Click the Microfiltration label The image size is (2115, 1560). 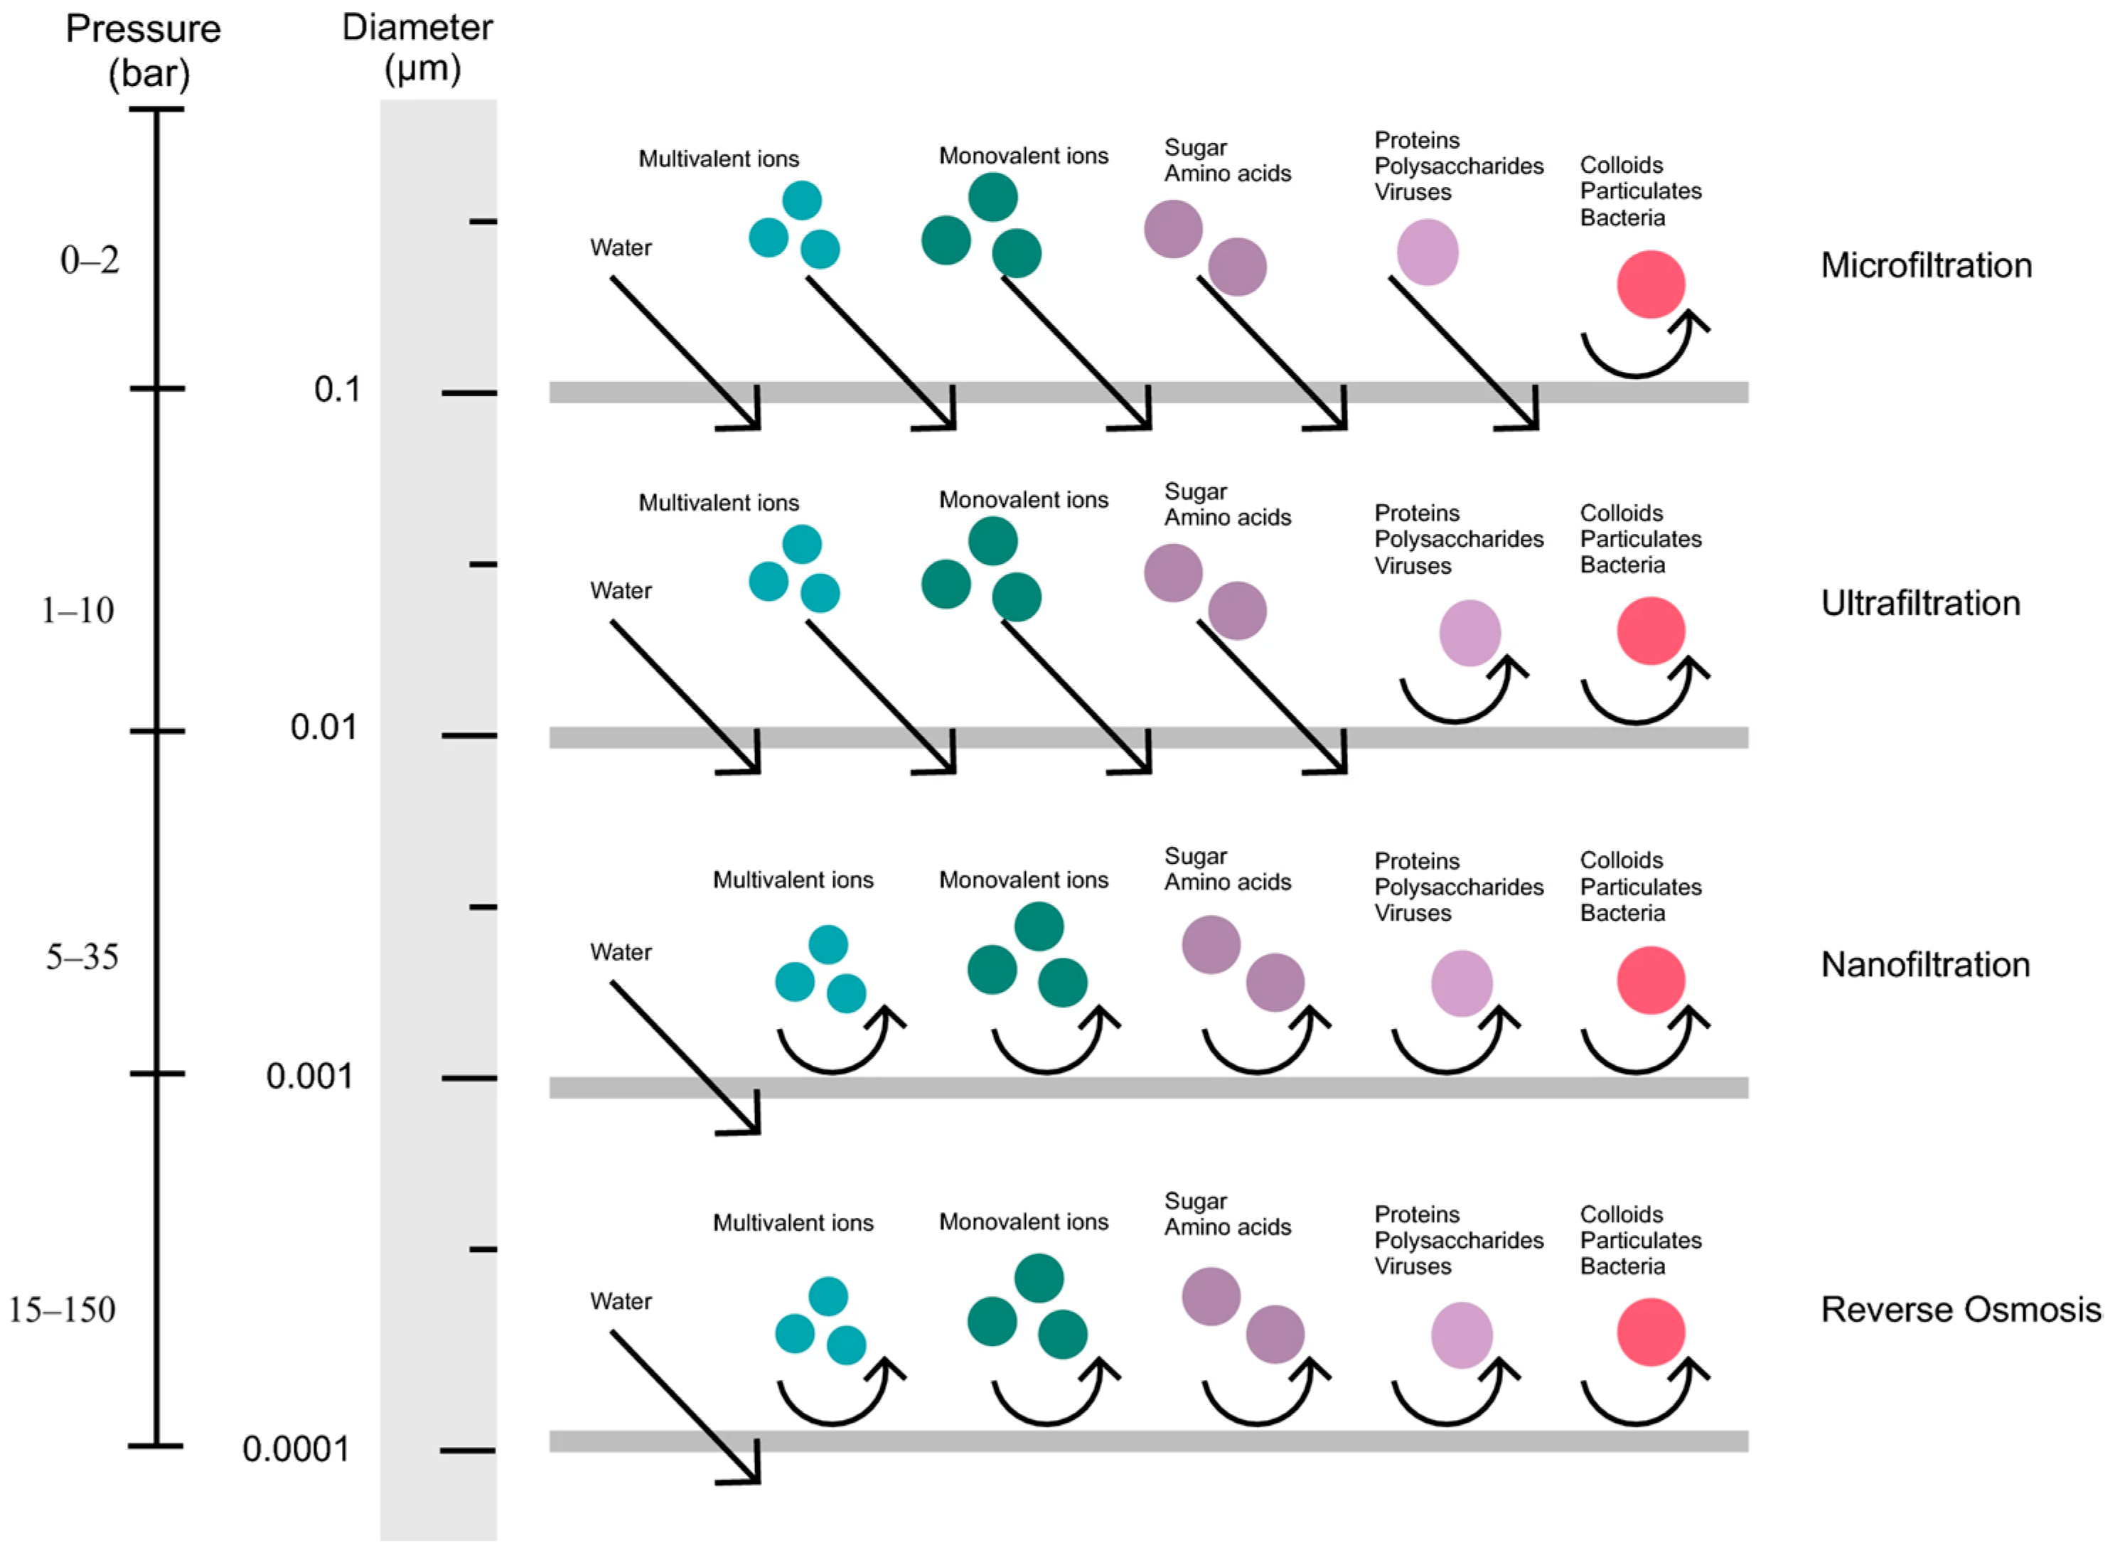coord(1925,265)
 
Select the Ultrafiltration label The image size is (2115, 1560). coord(1919,604)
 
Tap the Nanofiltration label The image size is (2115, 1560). coord(1924,964)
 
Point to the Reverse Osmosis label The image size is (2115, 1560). coord(1960,1310)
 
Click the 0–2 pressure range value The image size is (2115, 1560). coord(90,260)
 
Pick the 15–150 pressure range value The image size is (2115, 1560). coord(63,1310)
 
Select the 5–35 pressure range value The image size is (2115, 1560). coord(82,958)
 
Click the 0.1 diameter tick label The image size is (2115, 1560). coord(337,389)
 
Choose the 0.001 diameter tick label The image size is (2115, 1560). coord(309,1076)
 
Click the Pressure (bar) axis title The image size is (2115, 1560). coord(144,51)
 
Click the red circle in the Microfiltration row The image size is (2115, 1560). coord(1651,284)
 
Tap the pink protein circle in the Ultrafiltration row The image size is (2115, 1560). coord(1469,633)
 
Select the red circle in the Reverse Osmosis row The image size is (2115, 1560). coord(1651,1332)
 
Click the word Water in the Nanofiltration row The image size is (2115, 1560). coord(621,952)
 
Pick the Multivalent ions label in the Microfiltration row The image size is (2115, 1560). coord(719,159)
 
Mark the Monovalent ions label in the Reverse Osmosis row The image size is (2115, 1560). coord(1024,1222)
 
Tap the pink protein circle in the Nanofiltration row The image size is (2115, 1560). coord(1462,983)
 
